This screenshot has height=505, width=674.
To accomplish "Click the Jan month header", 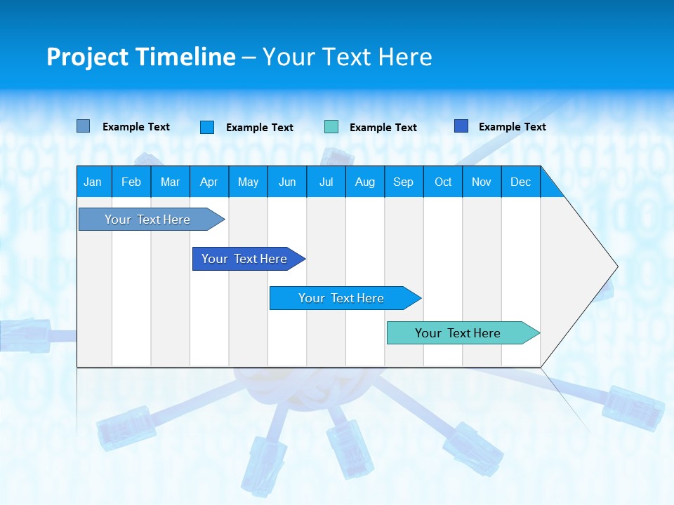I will click(93, 182).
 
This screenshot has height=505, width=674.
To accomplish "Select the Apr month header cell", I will click(209, 182).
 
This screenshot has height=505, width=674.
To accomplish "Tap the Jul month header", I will click(326, 182).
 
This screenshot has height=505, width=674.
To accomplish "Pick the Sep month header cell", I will click(404, 182).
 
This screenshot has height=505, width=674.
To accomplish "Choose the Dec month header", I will click(521, 182).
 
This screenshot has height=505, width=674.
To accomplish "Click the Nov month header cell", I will click(482, 182).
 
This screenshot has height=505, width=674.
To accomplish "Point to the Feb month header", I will click(131, 182).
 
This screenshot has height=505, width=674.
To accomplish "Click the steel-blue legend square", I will click(83, 126).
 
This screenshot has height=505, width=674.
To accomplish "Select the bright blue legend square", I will click(206, 127).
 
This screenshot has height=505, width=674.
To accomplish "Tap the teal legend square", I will click(331, 127).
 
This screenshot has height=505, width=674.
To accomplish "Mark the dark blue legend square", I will click(461, 126).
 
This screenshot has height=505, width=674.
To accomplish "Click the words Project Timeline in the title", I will click(141, 57).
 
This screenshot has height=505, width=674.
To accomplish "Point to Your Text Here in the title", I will click(347, 57).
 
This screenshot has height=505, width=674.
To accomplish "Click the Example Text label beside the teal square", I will click(383, 128).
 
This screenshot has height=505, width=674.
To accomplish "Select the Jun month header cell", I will click(287, 182).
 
